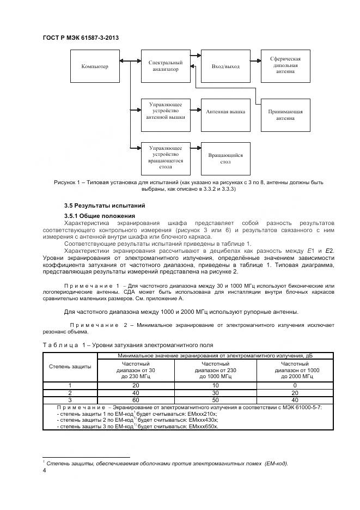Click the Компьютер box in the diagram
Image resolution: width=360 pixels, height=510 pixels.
pyautogui.click(x=95, y=66)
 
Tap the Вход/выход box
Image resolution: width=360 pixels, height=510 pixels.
pyautogui.click(x=225, y=66)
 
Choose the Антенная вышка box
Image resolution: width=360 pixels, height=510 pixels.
pyautogui.click(x=225, y=112)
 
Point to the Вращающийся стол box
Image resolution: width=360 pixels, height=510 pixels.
pyautogui.click(x=225, y=159)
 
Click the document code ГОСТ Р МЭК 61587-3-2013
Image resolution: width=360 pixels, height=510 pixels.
pyautogui.click(x=81, y=38)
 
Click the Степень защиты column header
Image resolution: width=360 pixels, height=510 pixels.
pyautogui.click(x=70, y=366)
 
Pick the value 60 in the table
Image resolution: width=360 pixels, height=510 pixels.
pyautogui.click(x=135, y=399)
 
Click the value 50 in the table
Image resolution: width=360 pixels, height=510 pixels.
pyautogui.click(x=216, y=399)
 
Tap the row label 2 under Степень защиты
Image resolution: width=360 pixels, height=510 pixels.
pyautogui.click(x=70, y=392)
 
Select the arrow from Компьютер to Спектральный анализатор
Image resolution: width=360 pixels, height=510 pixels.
pyautogui.click(x=130, y=66)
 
